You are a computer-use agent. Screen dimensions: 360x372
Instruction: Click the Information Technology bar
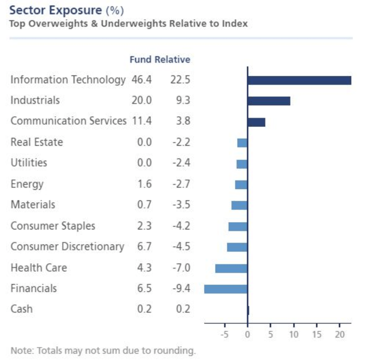coord(299,80)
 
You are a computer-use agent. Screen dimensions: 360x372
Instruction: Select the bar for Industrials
coord(268,101)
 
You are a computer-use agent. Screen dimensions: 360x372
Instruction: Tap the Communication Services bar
coord(256,122)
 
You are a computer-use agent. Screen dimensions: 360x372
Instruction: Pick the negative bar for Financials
coord(225,289)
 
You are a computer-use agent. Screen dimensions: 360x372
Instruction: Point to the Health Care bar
coord(231,268)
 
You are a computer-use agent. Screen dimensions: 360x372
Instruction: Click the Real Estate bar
coord(242,143)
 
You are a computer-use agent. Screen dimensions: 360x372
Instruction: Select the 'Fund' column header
coord(140,60)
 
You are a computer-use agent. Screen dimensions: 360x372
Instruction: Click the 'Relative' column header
coord(172,60)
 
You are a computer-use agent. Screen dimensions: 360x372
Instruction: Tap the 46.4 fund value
coord(141,80)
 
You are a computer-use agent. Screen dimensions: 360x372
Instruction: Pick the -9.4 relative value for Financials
coord(181,289)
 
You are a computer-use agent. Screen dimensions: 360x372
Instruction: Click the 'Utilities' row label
coord(29,163)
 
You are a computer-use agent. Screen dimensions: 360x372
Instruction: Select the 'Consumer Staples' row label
coord(53,226)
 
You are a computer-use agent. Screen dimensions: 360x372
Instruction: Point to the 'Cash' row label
coord(21,309)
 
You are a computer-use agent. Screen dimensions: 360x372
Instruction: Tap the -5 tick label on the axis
coord(224,334)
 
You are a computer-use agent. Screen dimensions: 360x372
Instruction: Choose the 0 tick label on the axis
coord(247,334)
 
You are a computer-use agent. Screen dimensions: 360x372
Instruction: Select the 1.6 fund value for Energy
coord(144,184)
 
